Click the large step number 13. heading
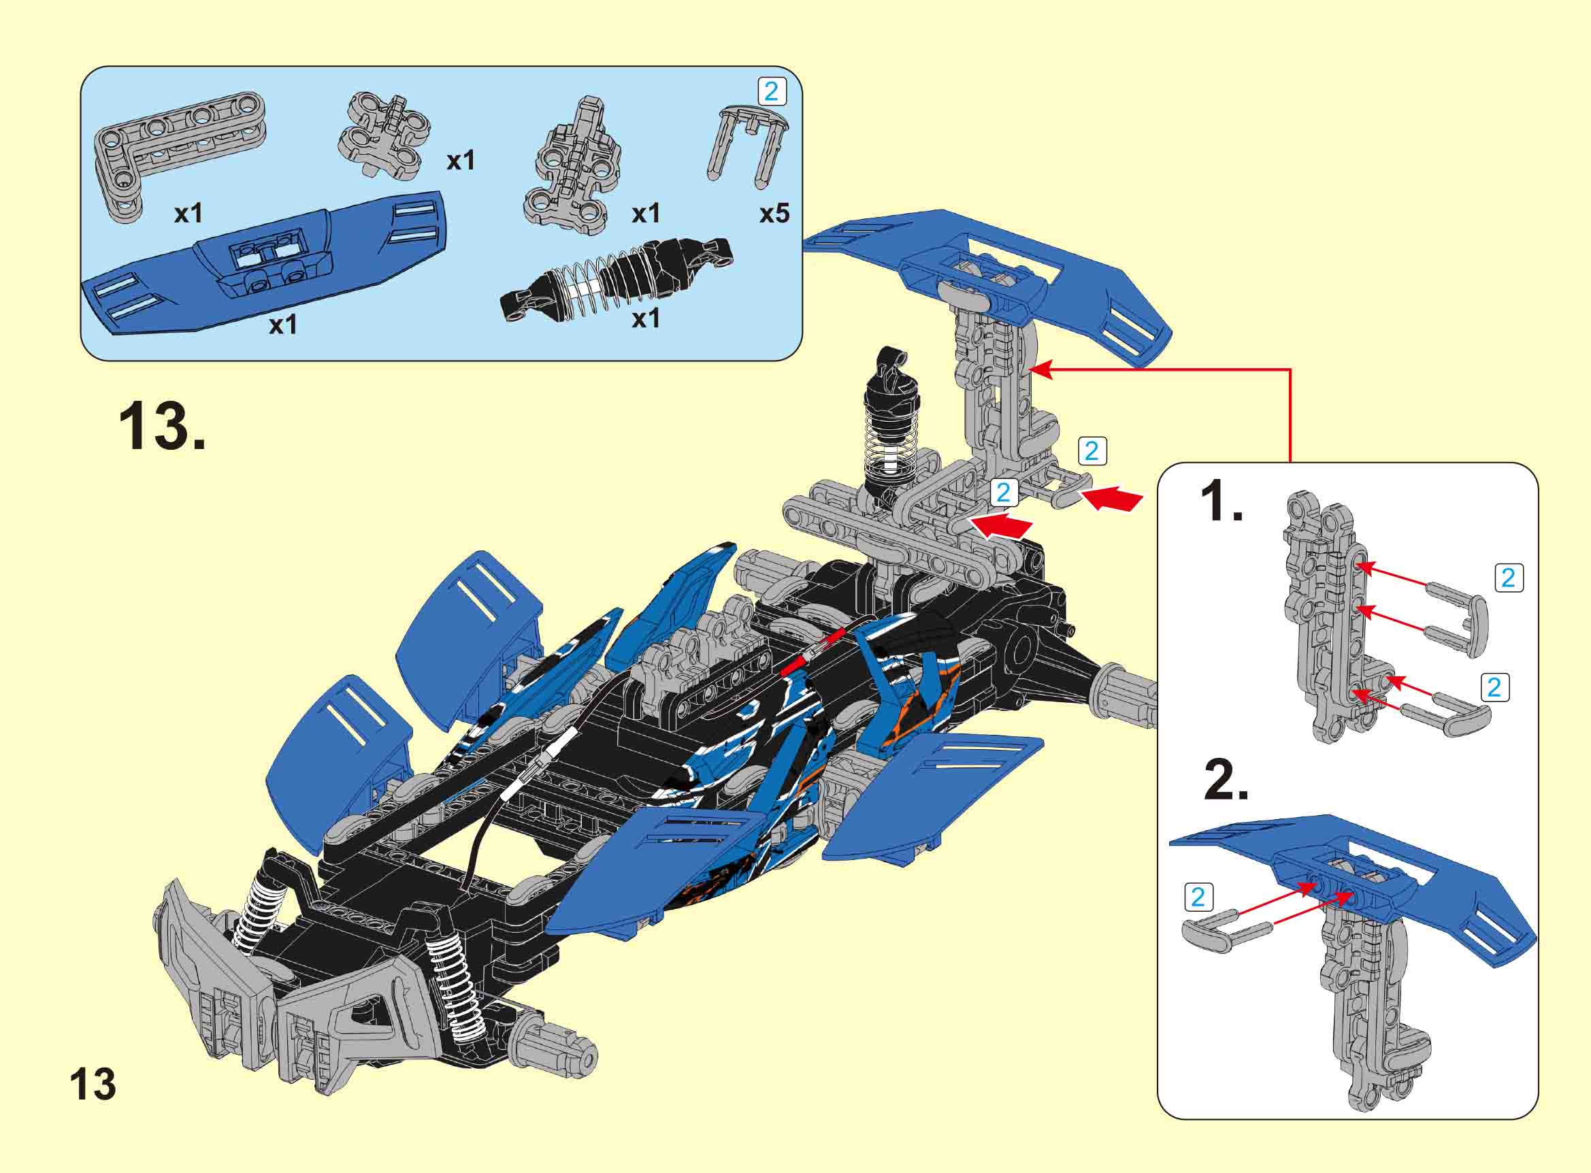pyautogui.click(x=162, y=426)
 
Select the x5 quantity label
pyautogui.click(x=774, y=214)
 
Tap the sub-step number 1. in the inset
pyautogui.click(x=1220, y=501)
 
